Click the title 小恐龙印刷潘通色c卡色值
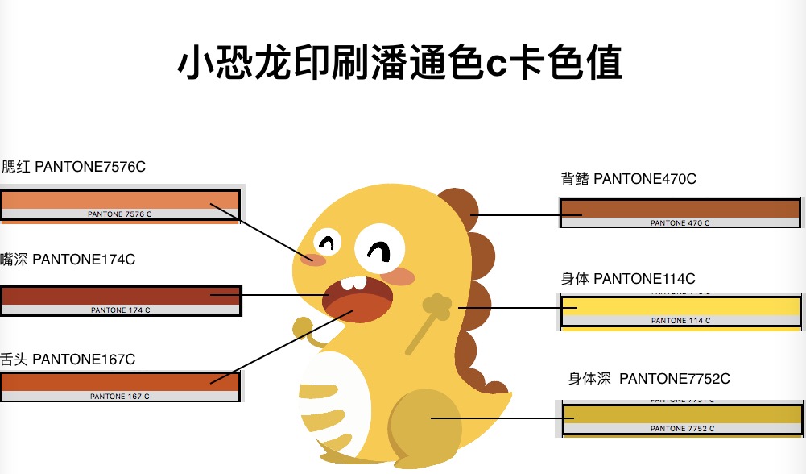[400, 63]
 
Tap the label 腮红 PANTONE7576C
[73, 167]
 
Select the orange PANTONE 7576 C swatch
[121, 200]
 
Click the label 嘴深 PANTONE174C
[68, 260]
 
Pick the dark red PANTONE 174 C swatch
[121, 295]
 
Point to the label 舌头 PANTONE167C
[68, 360]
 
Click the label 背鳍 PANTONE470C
[628, 179]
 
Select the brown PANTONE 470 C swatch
[680, 209]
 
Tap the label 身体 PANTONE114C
[628, 279]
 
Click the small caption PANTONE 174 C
[120, 310]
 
